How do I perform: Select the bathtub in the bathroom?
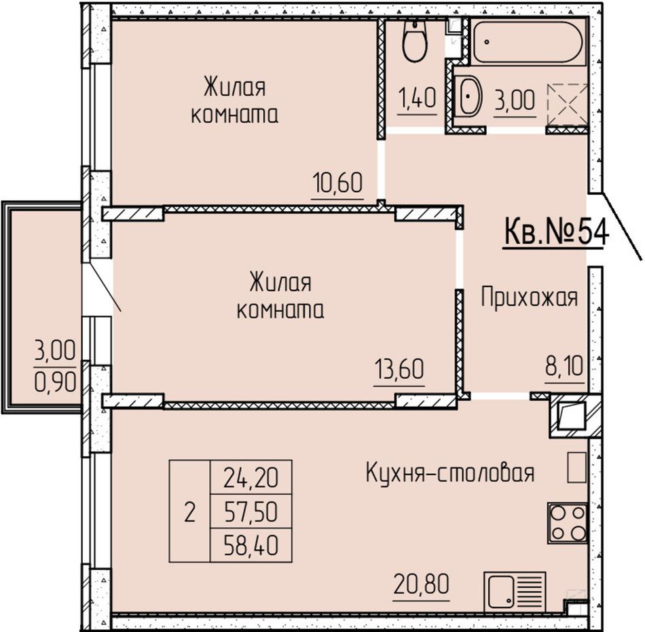(x=528, y=41)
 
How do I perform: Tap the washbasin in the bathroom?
(x=468, y=96)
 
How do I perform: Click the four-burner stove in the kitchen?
(x=568, y=522)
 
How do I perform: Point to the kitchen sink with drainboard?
(x=515, y=592)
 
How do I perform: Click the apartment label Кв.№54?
(x=556, y=232)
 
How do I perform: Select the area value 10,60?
(x=337, y=183)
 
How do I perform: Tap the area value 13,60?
(x=399, y=369)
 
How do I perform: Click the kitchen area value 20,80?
(x=421, y=584)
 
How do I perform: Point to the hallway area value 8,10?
(x=564, y=367)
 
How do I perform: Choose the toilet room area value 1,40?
(x=417, y=98)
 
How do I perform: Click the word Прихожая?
(x=529, y=298)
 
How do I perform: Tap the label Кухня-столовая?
(x=450, y=472)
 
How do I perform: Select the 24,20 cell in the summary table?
(x=251, y=478)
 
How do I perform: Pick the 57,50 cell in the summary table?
(x=251, y=512)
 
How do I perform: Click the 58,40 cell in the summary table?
(x=251, y=545)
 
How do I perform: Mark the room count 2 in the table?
(x=189, y=513)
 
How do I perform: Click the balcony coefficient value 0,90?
(x=55, y=382)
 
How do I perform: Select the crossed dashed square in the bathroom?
(x=567, y=105)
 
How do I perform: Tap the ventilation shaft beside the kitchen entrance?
(x=571, y=415)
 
